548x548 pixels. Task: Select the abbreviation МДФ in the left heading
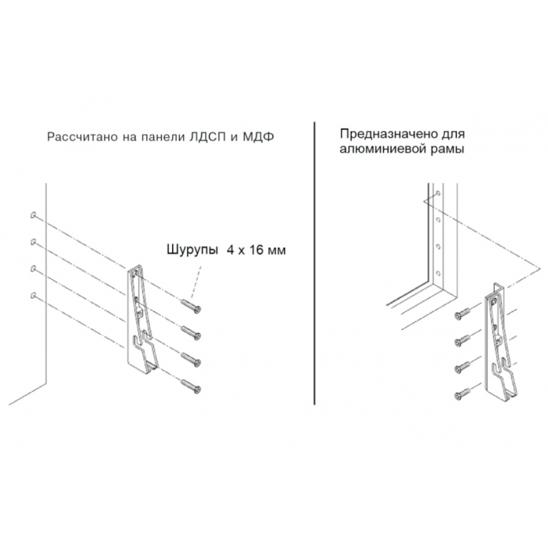click(258, 136)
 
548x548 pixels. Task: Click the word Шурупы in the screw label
click(192, 251)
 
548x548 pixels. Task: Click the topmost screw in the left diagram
click(191, 305)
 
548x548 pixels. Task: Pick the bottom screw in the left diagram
click(191, 386)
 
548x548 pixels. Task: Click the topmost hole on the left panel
click(33, 215)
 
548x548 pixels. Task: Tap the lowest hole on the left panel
click(33, 295)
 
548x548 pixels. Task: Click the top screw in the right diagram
click(462, 314)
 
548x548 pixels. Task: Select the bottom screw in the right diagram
click(462, 394)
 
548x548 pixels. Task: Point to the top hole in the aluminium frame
click(438, 193)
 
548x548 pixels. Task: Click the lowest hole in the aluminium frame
click(438, 272)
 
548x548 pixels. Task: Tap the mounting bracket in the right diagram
click(499, 345)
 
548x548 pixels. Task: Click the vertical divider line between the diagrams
click(314, 263)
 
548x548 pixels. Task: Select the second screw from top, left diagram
click(191, 332)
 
